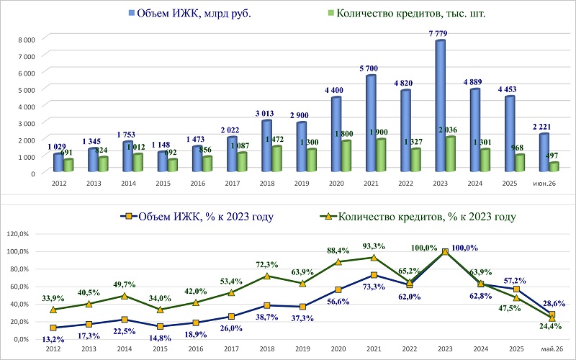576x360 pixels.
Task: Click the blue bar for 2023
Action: (x=441, y=106)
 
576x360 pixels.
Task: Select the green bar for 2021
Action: (x=381, y=155)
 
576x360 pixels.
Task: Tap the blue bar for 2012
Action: (x=58, y=163)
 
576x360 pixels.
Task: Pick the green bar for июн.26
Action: (x=554, y=167)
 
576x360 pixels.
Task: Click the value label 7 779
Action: (x=438, y=34)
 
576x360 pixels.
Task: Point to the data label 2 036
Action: (x=448, y=130)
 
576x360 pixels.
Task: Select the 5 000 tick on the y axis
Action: (x=27, y=90)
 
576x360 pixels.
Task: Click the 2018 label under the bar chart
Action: (x=267, y=184)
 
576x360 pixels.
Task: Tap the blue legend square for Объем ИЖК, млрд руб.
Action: (x=132, y=13)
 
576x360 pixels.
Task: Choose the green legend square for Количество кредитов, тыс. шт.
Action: (x=330, y=13)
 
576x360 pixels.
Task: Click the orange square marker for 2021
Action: (x=374, y=275)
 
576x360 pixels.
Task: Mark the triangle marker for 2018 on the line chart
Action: (x=267, y=276)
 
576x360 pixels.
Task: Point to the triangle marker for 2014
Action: (x=125, y=296)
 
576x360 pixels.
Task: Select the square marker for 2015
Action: (x=160, y=326)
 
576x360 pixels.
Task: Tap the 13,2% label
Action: (x=53, y=339)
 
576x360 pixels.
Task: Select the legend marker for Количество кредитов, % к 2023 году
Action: (x=328, y=217)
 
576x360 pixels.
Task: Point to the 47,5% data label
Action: (x=510, y=308)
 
